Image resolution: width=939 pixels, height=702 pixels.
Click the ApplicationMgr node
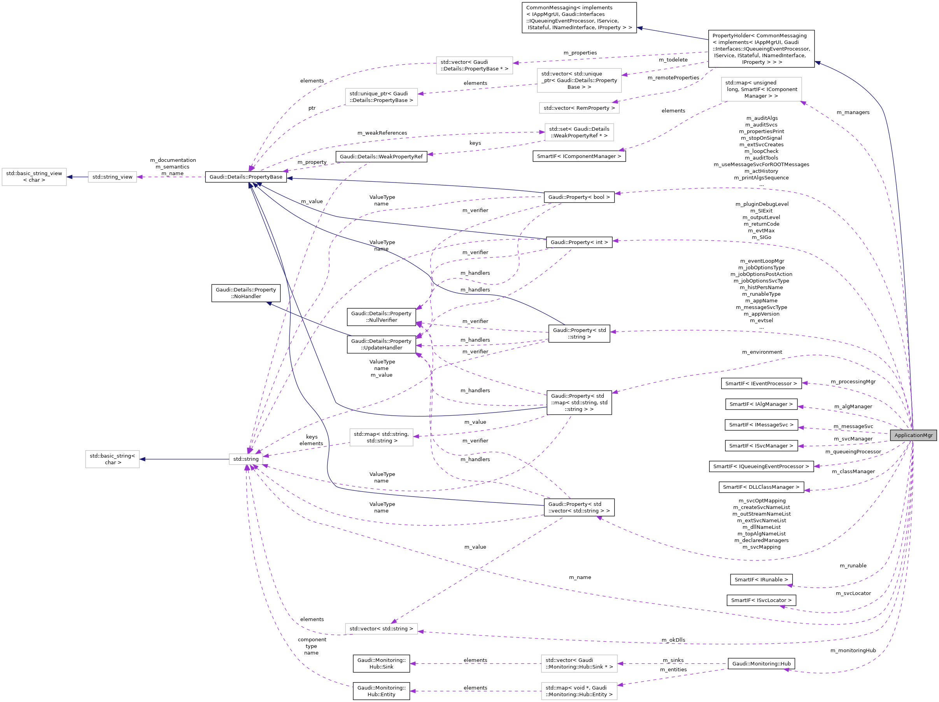(x=913, y=435)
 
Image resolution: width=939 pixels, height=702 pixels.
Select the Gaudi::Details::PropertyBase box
(x=246, y=177)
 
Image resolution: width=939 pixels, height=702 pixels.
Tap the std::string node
(x=246, y=459)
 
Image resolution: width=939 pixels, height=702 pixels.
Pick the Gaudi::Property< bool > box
(x=579, y=197)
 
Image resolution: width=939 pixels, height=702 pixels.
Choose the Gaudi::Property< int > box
(x=579, y=242)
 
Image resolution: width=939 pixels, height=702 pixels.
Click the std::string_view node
(x=112, y=177)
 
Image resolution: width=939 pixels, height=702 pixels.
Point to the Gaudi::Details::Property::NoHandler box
(x=246, y=293)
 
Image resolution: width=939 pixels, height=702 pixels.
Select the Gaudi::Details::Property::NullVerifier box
(x=381, y=317)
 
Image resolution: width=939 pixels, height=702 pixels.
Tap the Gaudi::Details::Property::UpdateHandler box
(x=381, y=344)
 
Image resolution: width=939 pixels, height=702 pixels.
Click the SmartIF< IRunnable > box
(x=761, y=579)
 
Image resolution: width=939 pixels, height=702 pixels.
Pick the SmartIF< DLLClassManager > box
(x=761, y=487)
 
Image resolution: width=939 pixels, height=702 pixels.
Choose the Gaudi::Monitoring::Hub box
(x=761, y=663)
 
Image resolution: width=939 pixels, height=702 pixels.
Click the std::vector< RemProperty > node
(x=579, y=108)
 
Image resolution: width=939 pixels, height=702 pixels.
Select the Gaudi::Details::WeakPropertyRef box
(x=381, y=156)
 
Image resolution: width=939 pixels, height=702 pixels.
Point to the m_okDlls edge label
(x=673, y=640)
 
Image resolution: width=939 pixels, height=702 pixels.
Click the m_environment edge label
(x=762, y=352)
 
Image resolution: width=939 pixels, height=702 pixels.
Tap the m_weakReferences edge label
(x=382, y=133)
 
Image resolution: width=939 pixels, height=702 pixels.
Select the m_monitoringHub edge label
(x=853, y=650)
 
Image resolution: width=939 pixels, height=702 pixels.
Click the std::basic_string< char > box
(x=112, y=459)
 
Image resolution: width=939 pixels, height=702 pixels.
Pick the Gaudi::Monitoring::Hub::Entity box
(x=381, y=691)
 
